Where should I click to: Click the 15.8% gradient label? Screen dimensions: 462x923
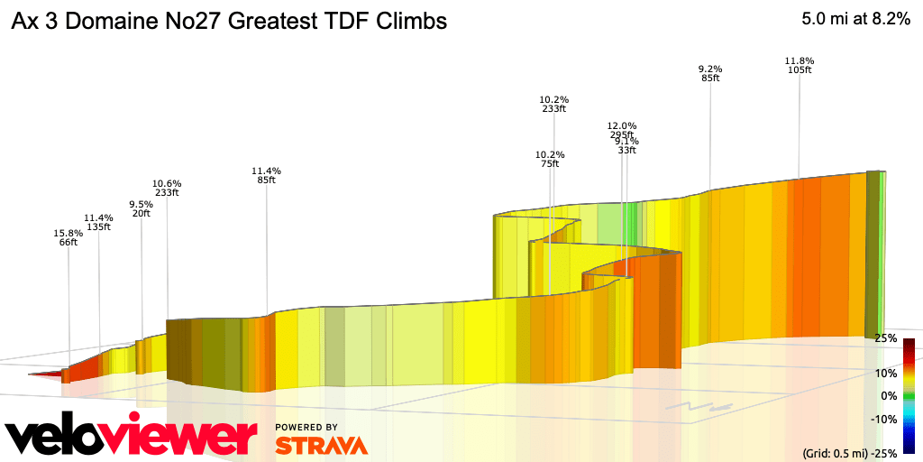(x=69, y=233)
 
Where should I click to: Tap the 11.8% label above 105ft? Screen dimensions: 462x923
(x=800, y=61)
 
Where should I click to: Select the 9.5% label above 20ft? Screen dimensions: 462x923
(x=142, y=204)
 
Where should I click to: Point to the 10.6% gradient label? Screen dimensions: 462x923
(x=167, y=182)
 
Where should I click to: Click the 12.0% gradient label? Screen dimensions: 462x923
(x=622, y=126)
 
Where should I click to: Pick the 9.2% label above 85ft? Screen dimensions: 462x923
(x=710, y=69)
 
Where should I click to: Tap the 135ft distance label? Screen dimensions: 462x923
(x=98, y=227)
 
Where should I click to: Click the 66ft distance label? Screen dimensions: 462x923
(x=69, y=242)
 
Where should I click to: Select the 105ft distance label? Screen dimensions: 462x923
(x=800, y=70)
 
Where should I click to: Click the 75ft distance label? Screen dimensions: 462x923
(x=550, y=164)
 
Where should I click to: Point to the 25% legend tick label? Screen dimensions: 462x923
(x=886, y=338)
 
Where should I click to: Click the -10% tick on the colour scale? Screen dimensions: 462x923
(x=883, y=419)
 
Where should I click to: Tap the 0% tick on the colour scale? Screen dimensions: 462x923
(x=888, y=395)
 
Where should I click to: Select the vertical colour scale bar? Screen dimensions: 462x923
(x=909, y=395)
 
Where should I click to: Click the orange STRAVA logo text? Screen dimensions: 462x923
(x=321, y=445)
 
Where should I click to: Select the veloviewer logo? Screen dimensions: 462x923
(x=132, y=437)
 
